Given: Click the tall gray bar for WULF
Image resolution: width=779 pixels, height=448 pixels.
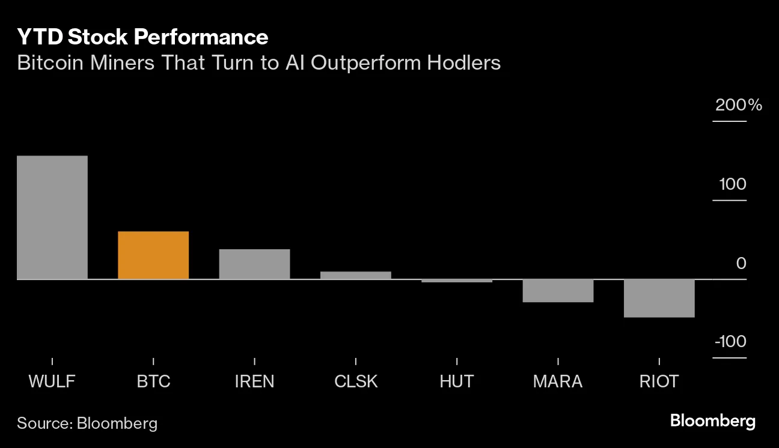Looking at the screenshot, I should point(52,217).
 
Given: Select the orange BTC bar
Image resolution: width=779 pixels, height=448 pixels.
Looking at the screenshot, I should point(153,255).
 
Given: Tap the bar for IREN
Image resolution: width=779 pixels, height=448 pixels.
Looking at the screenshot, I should point(254,264).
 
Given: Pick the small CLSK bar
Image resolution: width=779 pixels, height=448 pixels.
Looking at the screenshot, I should point(355,275).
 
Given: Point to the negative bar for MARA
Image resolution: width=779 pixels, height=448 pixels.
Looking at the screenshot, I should point(558,291).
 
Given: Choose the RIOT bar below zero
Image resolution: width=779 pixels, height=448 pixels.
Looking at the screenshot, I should point(659,298).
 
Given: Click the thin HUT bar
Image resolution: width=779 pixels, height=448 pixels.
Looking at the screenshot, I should point(457,280).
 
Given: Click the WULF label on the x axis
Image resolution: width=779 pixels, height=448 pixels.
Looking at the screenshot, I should point(52,381).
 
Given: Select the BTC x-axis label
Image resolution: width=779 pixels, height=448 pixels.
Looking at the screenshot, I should point(153,381).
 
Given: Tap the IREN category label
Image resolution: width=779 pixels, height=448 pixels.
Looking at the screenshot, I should point(254,381).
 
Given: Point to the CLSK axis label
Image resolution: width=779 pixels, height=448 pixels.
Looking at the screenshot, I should point(356,381).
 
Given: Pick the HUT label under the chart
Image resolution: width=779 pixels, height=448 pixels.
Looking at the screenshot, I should point(457,381).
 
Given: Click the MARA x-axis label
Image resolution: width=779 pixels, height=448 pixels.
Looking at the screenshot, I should point(558,381).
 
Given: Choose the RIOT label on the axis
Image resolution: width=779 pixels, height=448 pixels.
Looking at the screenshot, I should point(659,381).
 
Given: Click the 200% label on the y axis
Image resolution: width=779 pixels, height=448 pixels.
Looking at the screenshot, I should point(738,106).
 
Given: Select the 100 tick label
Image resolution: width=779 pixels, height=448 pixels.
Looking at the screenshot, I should point(733,184).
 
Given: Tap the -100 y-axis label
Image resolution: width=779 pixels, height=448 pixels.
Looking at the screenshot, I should point(730,342).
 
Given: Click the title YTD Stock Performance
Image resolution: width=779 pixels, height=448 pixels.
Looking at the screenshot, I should point(142,37).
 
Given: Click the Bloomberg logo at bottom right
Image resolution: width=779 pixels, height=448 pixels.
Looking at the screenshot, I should point(712,421).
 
